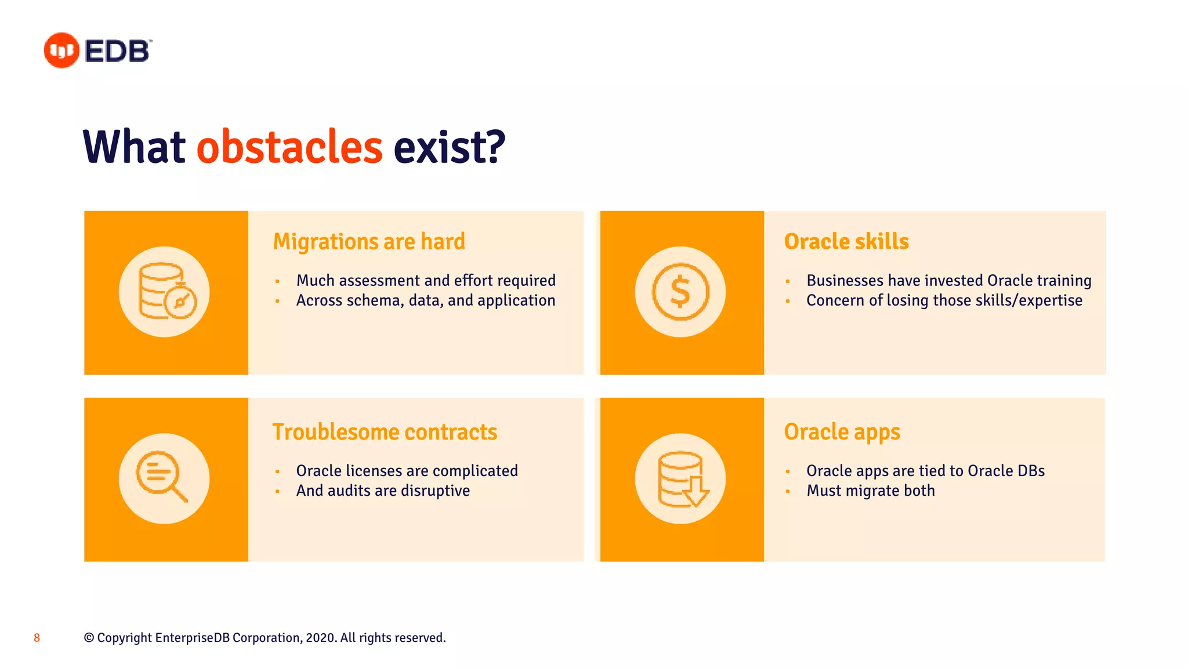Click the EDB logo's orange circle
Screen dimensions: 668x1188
tap(61, 50)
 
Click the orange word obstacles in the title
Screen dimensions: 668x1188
tap(289, 147)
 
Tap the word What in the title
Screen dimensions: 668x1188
tap(134, 147)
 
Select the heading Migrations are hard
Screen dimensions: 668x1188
tap(369, 242)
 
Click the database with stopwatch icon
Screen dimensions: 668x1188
tap(165, 292)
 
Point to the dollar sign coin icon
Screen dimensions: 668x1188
tap(680, 292)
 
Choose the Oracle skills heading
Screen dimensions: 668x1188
tap(846, 242)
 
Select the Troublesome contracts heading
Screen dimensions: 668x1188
tap(385, 433)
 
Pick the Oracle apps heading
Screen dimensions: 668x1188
tap(842, 433)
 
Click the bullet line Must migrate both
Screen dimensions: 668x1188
tap(870, 491)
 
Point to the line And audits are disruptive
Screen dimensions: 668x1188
tap(383, 491)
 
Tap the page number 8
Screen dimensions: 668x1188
tap(37, 638)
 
